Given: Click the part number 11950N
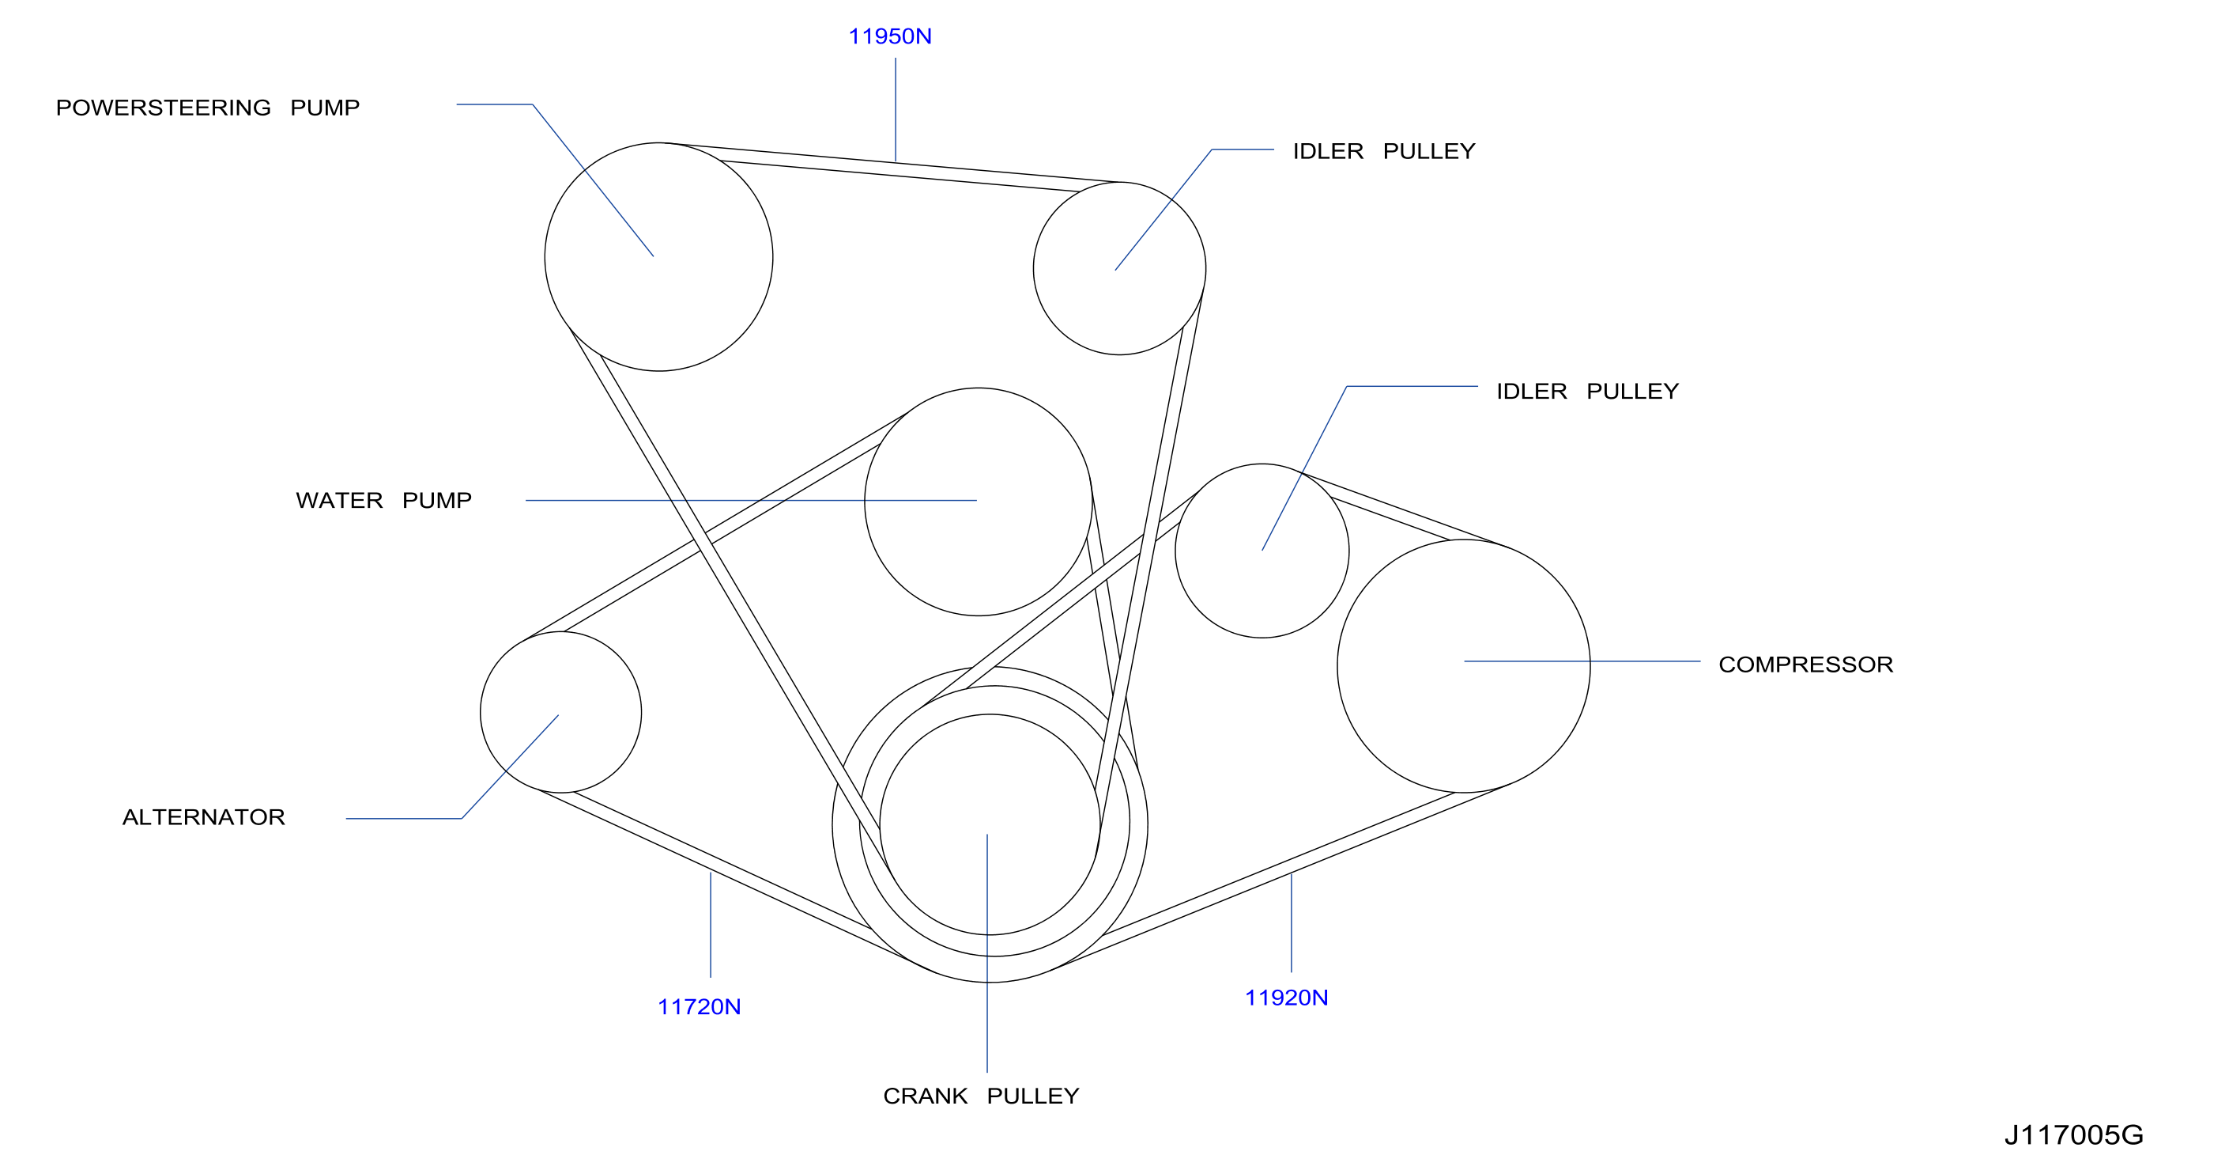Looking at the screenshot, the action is (x=889, y=36).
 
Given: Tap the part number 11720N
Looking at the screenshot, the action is (x=700, y=1007).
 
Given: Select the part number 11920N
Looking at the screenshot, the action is (x=1286, y=998).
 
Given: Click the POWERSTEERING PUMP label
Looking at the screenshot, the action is (x=208, y=108).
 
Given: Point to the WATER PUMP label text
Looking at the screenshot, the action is (x=383, y=501).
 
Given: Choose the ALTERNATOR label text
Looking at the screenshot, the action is (x=203, y=817).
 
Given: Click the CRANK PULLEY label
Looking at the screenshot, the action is (x=981, y=1096).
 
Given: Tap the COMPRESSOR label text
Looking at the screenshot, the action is (x=1806, y=664).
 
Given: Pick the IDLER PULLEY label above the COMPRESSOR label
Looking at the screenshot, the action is (x=1588, y=392).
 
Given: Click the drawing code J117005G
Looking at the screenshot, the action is (x=2074, y=1135).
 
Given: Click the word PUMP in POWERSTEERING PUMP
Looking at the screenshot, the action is (x=325, y=108).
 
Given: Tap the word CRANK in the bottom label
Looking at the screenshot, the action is (x=925, y=1096).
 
